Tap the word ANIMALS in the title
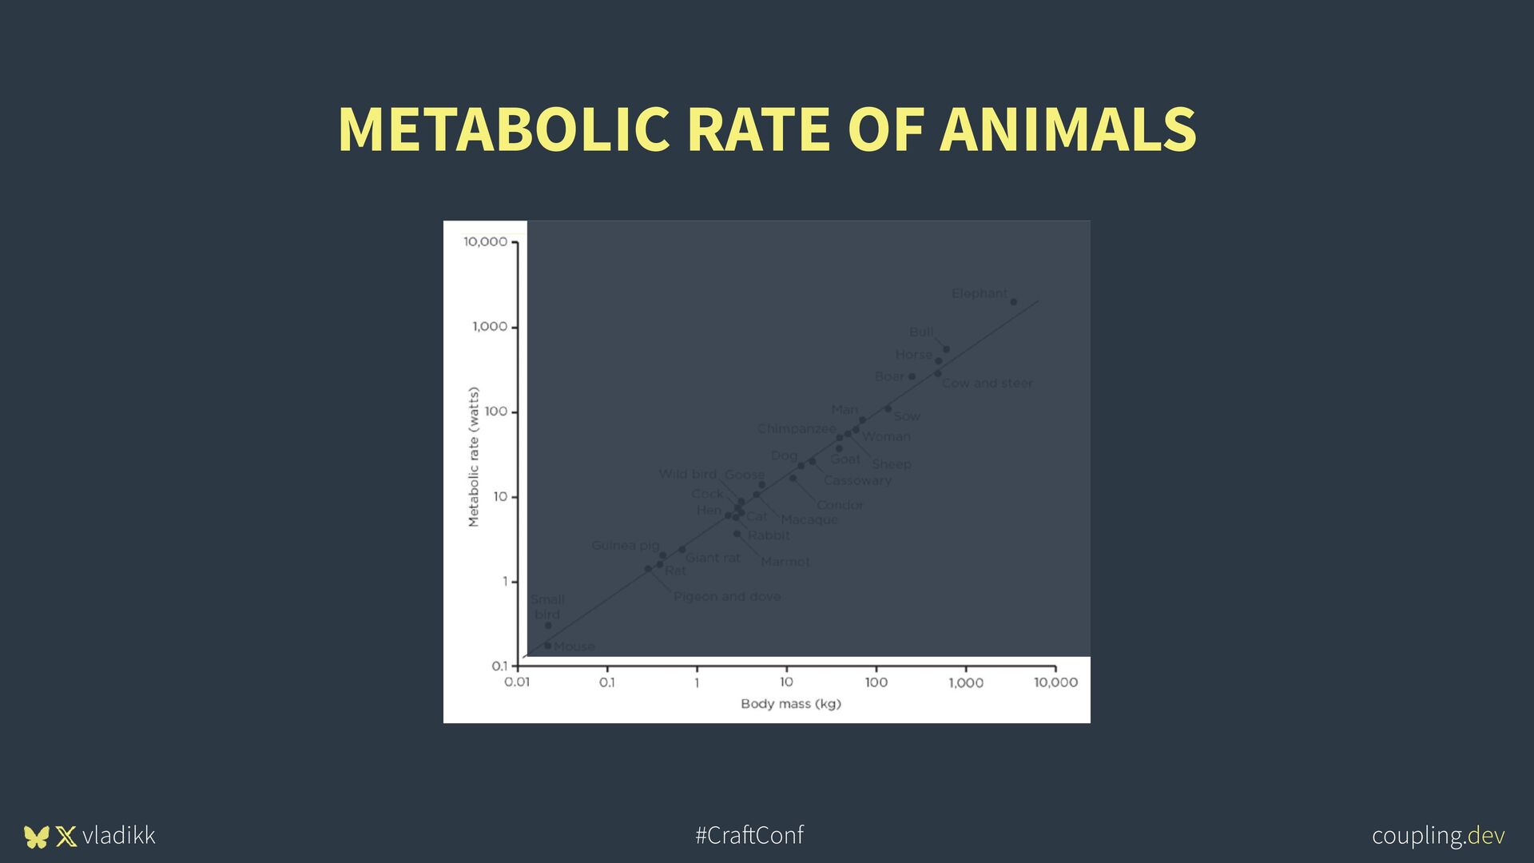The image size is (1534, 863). click(1067, 129)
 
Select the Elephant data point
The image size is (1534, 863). click(1014, 302)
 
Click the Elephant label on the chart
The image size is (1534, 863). click(979, 293)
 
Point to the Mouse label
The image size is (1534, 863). click(574, 646)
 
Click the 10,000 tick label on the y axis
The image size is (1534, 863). click(485, 242)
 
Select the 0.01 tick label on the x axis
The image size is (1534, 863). click(517, 682)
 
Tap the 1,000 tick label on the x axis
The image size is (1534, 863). click(966, 682)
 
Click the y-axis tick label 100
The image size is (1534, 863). click(495, 412)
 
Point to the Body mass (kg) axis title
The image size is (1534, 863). click(790, 704)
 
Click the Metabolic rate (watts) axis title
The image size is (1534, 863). click(474, 457)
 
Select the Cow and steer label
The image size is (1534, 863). click(987, 384)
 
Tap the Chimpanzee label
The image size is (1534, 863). click(797, 429)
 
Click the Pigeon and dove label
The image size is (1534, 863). click(726, 597)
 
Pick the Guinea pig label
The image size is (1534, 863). click(625, 546)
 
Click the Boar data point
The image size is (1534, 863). click(912, 376)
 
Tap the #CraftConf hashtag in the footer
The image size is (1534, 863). click(749, 835)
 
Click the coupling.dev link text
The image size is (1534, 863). click(1438, 835)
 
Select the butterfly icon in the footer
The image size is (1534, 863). click(37, 837)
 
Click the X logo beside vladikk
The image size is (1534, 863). click(66, 837)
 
